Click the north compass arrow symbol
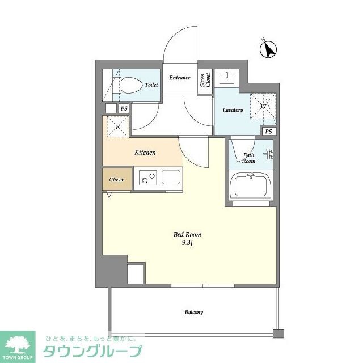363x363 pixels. tap(268, 50)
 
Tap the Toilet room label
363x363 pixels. tap(151, 85)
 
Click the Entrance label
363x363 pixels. tap(180, 78)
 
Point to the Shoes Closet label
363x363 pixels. tap(205, 81)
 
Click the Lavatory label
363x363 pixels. tap(233, 110)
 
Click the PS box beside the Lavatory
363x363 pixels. tap(268, 132)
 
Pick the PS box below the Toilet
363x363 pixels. tap(124, 108)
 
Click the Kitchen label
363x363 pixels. tap(145, 153)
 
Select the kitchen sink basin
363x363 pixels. tap(171, 178)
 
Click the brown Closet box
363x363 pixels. tap(116, 180)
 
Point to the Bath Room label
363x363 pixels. tap(249, 158)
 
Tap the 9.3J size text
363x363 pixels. tap(187, 243)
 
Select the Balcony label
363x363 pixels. tap(193, 312)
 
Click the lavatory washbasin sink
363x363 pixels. tap(230, 77)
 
